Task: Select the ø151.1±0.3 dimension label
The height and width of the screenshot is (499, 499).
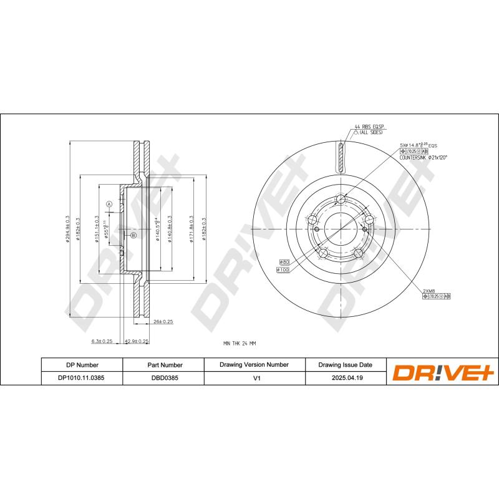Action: [x=97, y=229]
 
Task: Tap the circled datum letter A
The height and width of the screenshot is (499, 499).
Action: [x=108, y=205]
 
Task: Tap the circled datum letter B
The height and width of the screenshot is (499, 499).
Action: [x=133, y=235]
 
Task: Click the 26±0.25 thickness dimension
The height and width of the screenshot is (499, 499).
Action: [x=163, y=322]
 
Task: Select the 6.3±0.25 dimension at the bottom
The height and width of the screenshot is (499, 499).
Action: [x=102, y=341]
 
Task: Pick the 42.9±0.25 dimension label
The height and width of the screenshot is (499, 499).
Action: [x=137, y=341]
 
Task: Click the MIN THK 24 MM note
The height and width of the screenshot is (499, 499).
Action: [x=240, y=343]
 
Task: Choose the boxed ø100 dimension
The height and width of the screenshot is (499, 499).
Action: [x=283, y=269]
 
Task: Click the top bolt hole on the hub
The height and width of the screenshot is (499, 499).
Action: [x=340, y=200]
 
